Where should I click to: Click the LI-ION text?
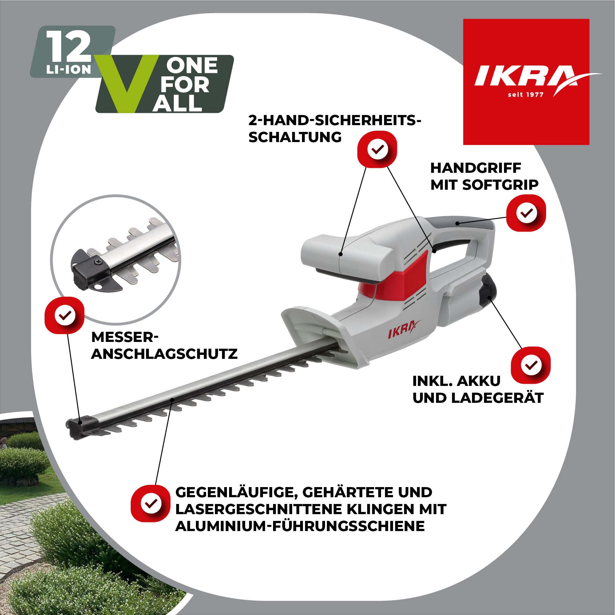[69, 70]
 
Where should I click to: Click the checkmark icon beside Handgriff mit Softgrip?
[526, 213]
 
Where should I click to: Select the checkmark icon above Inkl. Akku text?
[530, 365]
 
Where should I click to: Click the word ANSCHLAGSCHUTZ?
[164, 354]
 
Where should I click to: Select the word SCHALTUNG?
[295, 137]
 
